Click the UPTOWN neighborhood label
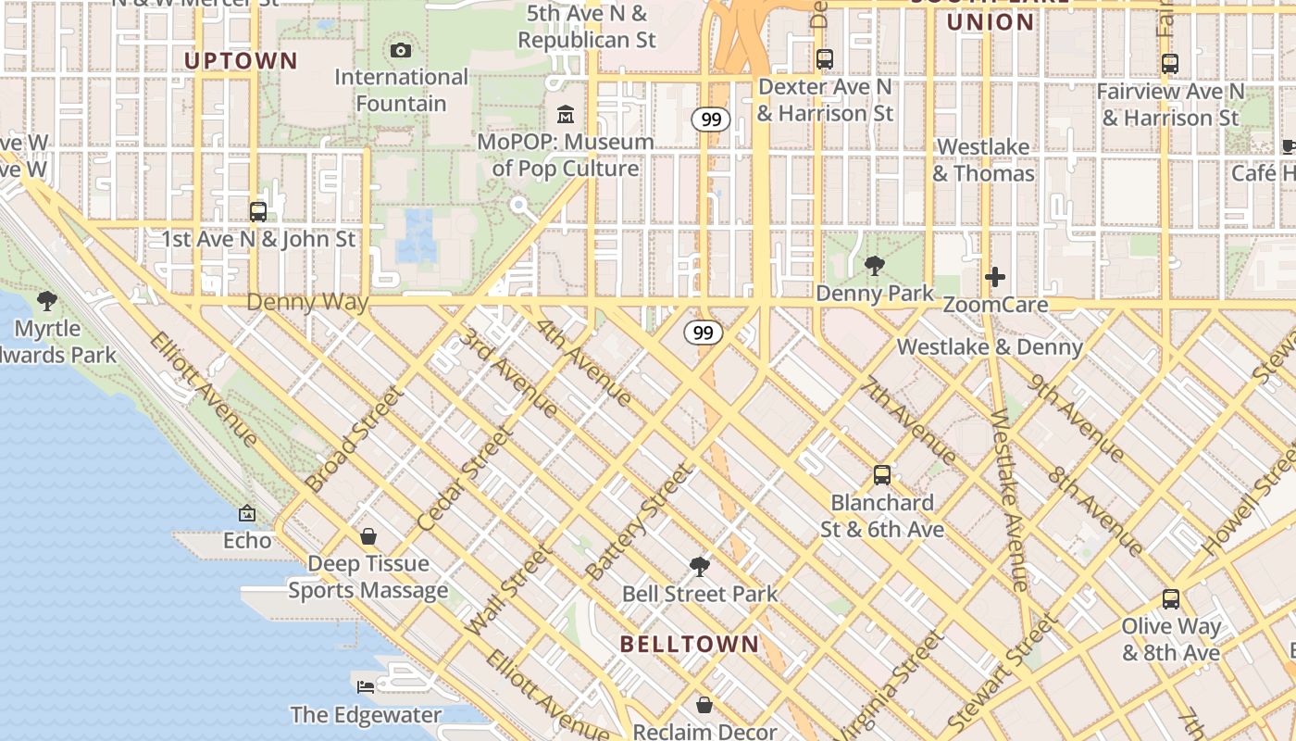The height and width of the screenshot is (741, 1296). pos(241,61)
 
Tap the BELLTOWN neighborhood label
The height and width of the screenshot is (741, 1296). pos(690,644)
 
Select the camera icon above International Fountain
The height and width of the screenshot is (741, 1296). pos(401,50)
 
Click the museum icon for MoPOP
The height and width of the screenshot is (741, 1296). pos(566,115)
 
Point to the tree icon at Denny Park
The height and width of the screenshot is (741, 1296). pos(874,267)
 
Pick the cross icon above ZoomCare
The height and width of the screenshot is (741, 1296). pos(995,277)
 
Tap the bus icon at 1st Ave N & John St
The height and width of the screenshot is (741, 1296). pos(258,211)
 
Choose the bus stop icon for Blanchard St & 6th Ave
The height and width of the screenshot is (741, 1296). pos(882,475)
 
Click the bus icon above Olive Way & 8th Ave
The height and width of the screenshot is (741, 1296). pos(1171,598)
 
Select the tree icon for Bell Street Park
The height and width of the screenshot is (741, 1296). pos(700,566)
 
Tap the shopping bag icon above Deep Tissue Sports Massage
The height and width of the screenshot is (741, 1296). pos(368,536)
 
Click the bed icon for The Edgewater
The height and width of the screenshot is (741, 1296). pos(366,687)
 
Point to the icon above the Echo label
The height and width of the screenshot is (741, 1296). pos(247,512)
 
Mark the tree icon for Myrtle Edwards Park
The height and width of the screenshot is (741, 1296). pos(47,301)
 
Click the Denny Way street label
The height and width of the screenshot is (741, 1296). pos(307,303)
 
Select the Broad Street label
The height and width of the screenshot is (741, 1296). pos(355,439)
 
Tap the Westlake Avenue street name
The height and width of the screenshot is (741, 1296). pos(1009,500)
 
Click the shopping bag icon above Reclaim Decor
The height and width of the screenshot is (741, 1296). pos(704,705)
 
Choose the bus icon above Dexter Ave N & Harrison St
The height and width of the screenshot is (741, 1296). pos(824,59)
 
